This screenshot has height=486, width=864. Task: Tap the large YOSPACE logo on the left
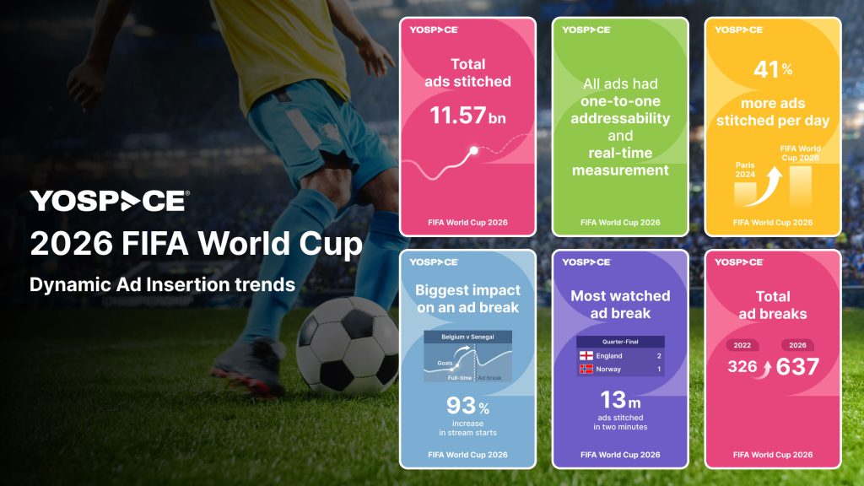point(110,201)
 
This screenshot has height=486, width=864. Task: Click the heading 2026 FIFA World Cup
point(196,244)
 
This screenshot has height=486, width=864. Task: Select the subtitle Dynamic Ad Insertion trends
point(162,284)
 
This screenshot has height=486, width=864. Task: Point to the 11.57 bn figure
point(467,116)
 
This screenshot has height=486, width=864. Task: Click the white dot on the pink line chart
point(473,150)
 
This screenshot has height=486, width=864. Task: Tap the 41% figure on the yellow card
point(773,69)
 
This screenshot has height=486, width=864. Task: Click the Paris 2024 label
point(745,170)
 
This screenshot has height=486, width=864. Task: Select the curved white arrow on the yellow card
point(764,186)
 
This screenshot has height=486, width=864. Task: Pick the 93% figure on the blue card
point(467,406)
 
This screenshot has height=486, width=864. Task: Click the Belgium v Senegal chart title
point(467,337)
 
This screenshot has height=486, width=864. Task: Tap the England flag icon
point(586,356)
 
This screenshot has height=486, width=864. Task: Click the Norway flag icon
point(586,370)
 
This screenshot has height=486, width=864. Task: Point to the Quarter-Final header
point(620,342)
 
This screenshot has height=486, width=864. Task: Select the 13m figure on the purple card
point(620,400)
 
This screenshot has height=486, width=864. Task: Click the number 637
point(797,366)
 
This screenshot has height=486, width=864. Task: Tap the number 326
point(742,366)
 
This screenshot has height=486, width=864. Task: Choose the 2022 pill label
point(742,345)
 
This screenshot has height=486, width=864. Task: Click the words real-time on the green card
point(620,153)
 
